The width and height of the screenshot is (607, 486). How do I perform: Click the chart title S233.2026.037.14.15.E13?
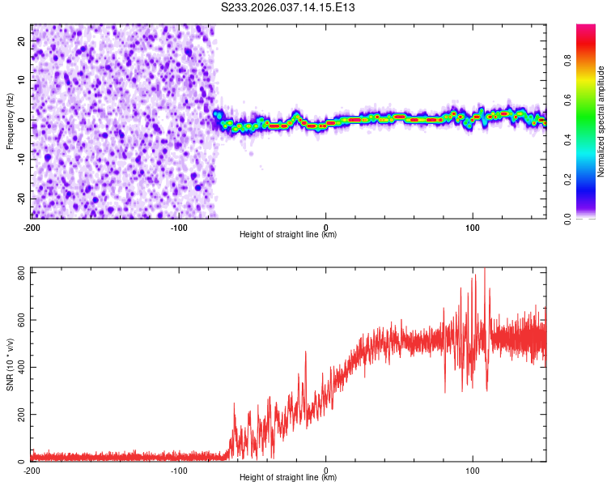click(x=289, y=7)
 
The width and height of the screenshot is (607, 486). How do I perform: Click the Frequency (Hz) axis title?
click(x=11, y=121)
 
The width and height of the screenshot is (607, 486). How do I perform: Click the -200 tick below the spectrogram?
click(x=32, y=226)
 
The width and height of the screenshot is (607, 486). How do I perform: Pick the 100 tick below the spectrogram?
click(x=473, y=226)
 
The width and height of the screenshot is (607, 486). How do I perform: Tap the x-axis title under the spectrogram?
click(x=288, y=235)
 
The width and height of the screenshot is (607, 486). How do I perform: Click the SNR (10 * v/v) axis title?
click(x=11, y=364)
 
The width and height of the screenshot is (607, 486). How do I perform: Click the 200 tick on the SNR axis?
click(x=19, y=414)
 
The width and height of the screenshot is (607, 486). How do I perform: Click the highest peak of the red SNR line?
click(x=485, y=268)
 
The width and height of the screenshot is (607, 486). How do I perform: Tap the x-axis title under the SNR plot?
click(x=288, y=479)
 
